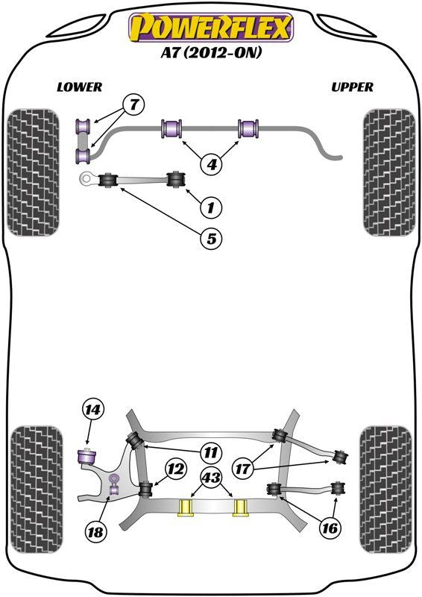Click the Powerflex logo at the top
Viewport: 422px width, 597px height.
point(211,27)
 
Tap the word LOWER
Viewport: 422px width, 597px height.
point(80,87)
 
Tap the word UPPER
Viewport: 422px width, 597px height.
point(352,87)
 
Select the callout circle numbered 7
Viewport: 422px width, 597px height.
point(133,104)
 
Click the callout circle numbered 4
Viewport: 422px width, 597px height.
point(211,164)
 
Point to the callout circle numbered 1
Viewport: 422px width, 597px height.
point(210,207)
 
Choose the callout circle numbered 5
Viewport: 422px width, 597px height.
point(211,238)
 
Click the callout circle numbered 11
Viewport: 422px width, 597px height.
point(211,452)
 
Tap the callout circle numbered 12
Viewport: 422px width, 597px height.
point(175,469)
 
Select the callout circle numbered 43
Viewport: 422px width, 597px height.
point(212,476)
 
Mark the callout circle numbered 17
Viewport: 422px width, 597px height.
point(242,469)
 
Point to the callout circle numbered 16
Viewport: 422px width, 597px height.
point(330,528)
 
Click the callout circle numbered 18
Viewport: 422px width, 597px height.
point(95,531)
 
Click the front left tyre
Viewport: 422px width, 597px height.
point(34,172)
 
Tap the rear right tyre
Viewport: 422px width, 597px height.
point(386,490)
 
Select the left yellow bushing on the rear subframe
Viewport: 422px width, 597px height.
point(186,507)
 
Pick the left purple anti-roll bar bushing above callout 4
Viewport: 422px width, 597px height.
point(172,128)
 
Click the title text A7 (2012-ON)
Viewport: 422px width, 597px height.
point(211,52)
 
